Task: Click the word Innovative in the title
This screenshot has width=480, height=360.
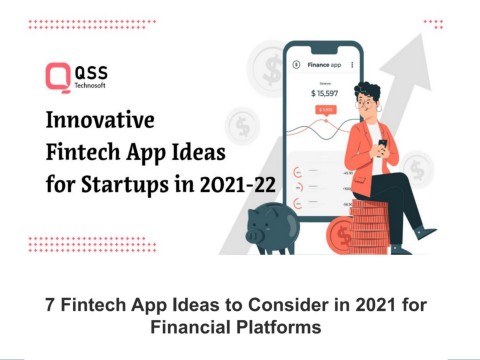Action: pos(99,122)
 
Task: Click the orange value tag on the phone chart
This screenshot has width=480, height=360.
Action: pos(325,109)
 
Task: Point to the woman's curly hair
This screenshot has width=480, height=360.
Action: pos(366,97)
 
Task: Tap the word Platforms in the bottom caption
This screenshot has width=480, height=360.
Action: pos(285,326)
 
